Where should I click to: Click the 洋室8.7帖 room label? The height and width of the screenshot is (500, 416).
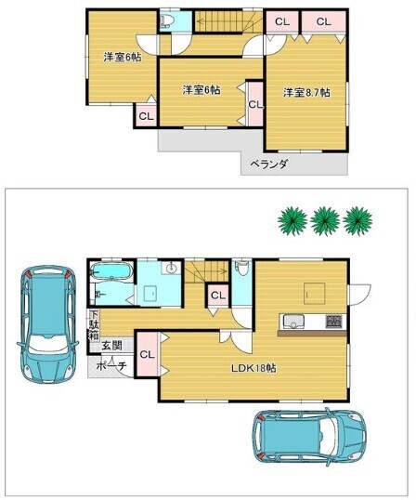[306, 93]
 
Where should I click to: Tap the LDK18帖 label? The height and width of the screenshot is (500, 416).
[253, 368]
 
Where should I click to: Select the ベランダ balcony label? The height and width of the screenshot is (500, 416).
[269, 164]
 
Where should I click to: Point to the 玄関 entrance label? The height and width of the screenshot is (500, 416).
[111, 346]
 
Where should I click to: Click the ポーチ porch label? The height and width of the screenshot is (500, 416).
[111, 366]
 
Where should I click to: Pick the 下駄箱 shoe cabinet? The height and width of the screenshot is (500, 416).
[94, 325]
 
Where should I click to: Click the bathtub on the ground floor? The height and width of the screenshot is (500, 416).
[111, 271]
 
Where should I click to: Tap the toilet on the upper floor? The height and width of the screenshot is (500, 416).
[167, 21]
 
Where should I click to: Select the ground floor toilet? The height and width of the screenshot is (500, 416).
[243, 268]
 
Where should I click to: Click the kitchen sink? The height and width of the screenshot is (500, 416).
[293, 322]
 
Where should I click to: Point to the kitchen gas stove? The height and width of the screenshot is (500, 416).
[333, 321]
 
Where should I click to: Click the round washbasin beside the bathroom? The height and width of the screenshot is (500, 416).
[171, 268]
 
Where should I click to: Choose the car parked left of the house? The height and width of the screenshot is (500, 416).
[47, 324]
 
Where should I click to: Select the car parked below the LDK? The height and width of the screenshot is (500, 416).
[309, 437]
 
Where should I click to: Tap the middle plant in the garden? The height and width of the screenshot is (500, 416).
[325, 221]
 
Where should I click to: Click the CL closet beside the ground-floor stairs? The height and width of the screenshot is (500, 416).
[218, 296]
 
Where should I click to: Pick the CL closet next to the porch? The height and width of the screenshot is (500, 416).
[147, 354]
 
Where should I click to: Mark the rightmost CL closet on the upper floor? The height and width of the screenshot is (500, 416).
[324, 21]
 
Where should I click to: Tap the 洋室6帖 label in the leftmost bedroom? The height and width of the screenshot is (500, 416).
[123, 58]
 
